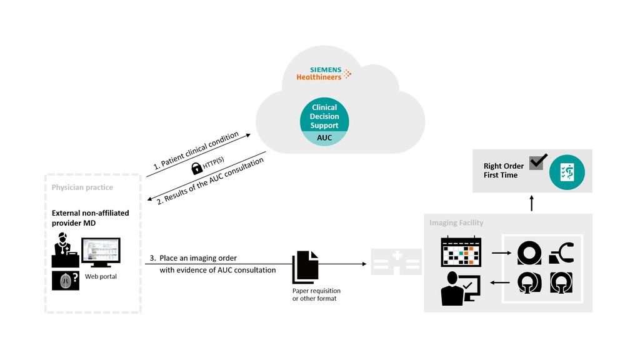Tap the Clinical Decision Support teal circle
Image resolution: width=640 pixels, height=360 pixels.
(324, 117)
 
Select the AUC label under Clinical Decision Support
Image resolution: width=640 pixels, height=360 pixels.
(324, 138)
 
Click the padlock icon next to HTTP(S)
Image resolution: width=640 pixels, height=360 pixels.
(196, 167)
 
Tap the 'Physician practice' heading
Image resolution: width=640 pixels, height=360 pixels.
(82, 187)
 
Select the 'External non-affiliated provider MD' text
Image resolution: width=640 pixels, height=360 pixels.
(90, 218)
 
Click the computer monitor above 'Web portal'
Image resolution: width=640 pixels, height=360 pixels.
(100, 252)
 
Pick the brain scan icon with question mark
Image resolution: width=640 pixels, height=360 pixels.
(65, 281)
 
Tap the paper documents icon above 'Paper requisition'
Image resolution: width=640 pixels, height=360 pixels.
(305, 267)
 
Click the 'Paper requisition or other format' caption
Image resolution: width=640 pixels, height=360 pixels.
(316, 294)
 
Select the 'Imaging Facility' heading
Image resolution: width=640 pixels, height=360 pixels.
(456, 222)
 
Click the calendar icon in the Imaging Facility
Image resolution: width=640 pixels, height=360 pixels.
(461, 252)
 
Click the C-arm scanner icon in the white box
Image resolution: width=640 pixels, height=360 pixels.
(561, 253)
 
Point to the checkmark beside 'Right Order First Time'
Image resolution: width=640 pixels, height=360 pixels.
(537, 161)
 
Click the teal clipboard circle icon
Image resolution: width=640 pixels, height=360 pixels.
(567, 172)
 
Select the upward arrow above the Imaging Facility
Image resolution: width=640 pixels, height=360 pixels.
(532, 202)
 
